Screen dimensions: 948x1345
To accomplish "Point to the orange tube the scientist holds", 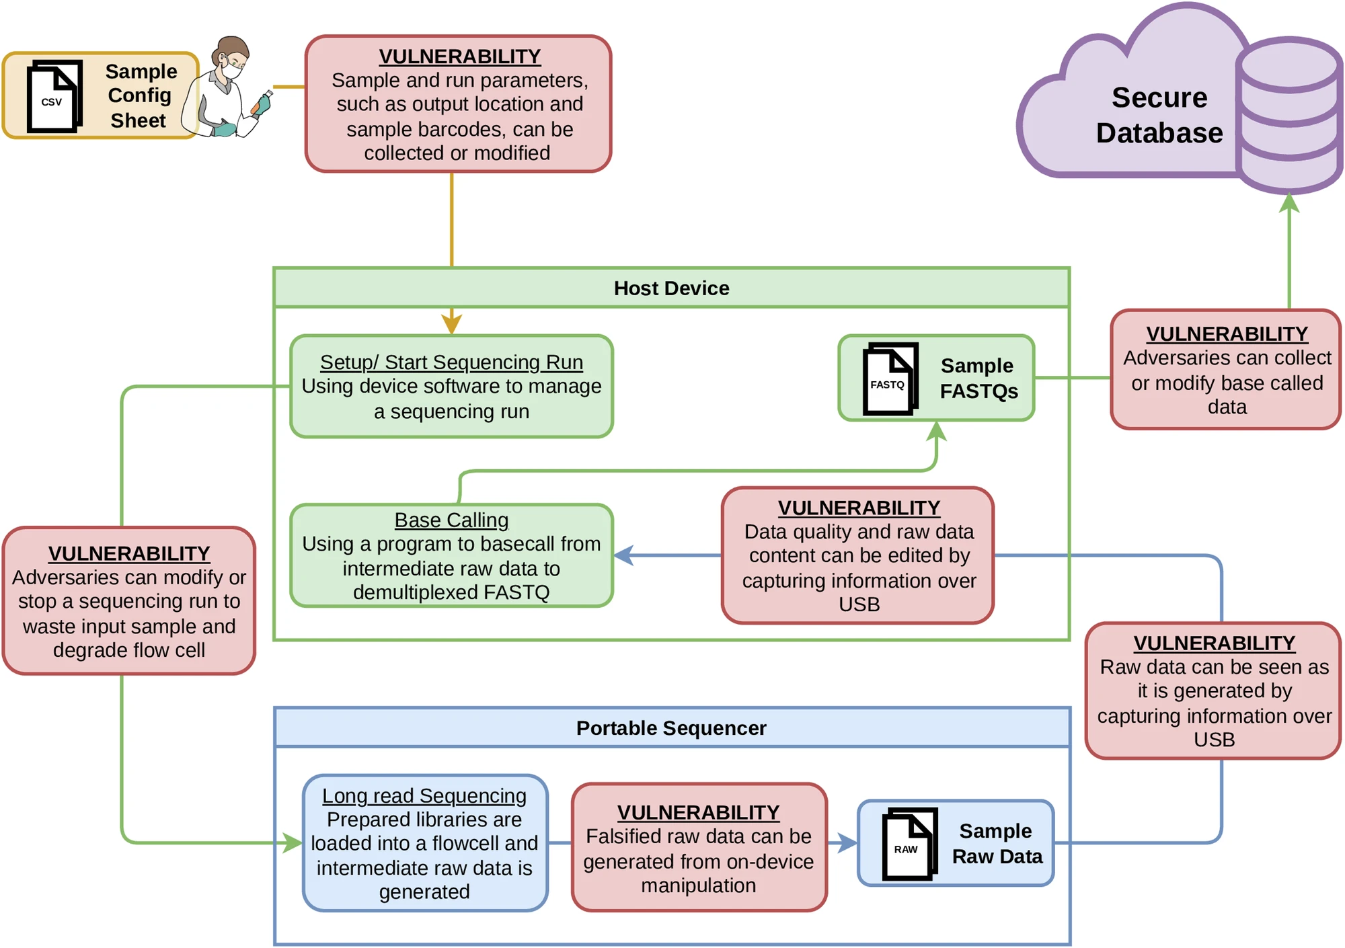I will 258,106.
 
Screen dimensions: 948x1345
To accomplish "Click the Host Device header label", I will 671,288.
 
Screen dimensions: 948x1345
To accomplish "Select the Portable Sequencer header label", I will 671,728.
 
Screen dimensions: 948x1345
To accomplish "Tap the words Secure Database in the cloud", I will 1159,115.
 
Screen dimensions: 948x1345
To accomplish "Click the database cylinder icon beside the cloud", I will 1289,114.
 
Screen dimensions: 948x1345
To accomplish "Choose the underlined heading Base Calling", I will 451,520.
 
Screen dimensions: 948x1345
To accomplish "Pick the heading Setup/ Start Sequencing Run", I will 451,362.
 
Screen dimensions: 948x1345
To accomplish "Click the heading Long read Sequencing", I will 424,795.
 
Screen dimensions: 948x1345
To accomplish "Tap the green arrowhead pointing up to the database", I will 1289,202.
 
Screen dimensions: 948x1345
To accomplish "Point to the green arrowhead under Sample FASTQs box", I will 936,431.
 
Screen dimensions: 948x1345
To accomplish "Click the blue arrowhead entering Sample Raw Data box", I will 847,842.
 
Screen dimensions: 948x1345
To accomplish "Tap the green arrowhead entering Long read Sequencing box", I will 292,842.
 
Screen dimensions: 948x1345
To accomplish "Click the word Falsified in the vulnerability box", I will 627,836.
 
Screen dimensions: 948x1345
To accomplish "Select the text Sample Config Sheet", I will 140,95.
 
